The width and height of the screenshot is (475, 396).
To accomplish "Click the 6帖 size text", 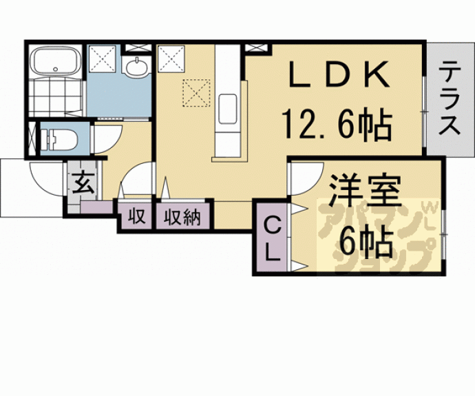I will pos(364,241).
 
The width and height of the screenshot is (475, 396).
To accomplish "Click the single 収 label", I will pos(136,218).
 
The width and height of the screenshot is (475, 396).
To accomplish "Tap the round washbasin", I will pos(137,67).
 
